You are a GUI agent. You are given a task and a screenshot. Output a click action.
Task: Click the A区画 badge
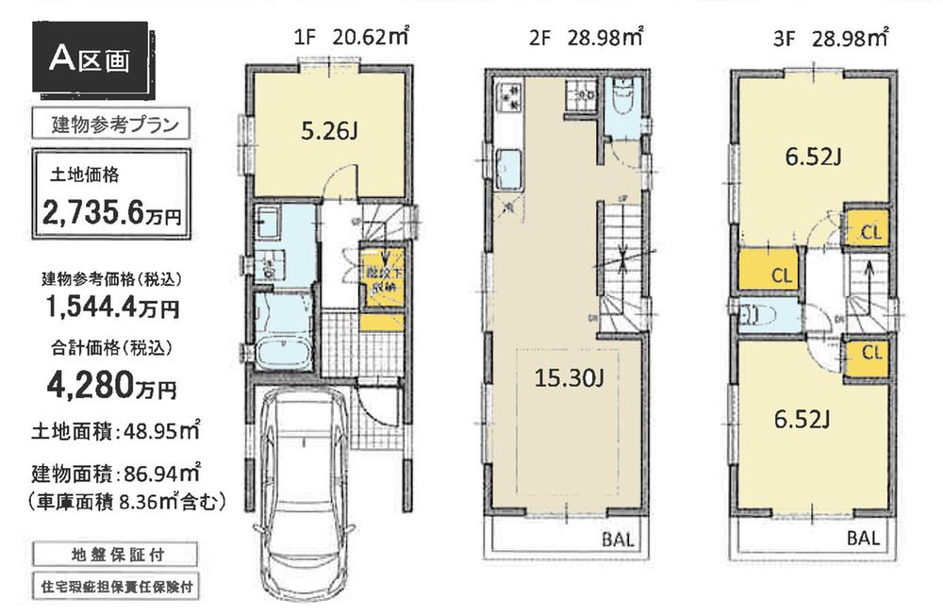91,58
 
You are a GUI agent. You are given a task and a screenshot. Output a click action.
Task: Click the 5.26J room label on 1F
328,131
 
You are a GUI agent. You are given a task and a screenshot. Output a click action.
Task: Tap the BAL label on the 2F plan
618,541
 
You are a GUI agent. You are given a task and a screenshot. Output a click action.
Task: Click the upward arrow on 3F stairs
869,279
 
